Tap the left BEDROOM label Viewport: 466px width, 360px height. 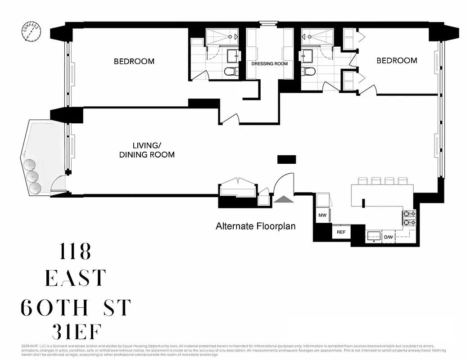134,61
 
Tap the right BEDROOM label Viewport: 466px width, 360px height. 397,60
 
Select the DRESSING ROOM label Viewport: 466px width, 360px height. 269,64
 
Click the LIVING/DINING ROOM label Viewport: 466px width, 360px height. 147,150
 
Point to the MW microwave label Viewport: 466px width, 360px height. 322,215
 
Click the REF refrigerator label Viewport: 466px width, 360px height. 341,232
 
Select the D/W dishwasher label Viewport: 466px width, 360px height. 388,237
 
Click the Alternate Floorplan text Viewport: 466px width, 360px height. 256,226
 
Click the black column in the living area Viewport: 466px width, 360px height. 286,159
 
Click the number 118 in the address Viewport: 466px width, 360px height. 75,252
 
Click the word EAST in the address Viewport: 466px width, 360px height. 75,279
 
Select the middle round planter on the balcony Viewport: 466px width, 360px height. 32,176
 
